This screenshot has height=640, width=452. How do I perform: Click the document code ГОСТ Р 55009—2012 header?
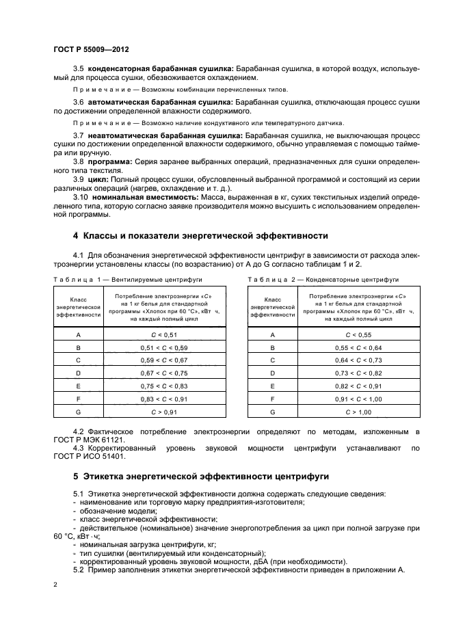pyautogui.click(x=91, y=50)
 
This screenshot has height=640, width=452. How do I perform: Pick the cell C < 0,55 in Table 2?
pyautogui.click(x=358, y=334)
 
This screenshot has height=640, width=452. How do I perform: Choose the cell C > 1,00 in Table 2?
pyautogui.click(x=358, y=412)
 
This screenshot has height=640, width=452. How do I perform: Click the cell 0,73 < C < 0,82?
pyautogui.click(x=358, y=373)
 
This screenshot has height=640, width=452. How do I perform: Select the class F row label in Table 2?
pyautogui.click(x=273, y=399)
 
